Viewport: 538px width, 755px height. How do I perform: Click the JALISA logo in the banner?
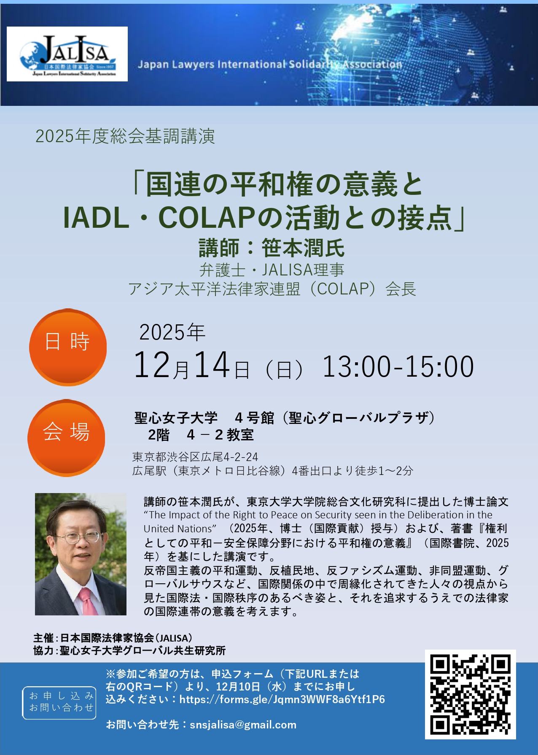67,54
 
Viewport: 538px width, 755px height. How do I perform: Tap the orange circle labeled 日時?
68,347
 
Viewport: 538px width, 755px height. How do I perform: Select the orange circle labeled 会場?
66,438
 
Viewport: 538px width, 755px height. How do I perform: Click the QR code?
470,695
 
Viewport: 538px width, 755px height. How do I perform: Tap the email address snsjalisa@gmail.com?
243,725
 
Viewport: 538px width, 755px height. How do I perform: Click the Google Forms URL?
282,699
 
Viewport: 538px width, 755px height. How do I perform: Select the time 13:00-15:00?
398,366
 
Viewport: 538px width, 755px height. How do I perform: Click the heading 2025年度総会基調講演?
125,136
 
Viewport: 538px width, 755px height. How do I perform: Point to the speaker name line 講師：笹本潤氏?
272,248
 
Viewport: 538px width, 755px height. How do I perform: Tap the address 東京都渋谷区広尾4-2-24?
195,457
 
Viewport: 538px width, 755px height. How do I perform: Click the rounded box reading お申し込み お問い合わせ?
59,702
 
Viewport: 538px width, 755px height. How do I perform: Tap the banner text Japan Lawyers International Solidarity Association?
270,65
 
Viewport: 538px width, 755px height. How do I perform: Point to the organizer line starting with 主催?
113,638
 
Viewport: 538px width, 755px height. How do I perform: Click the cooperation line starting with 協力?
129,650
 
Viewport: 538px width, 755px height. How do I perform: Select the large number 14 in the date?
212,365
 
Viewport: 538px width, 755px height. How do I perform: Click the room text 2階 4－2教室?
201,435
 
